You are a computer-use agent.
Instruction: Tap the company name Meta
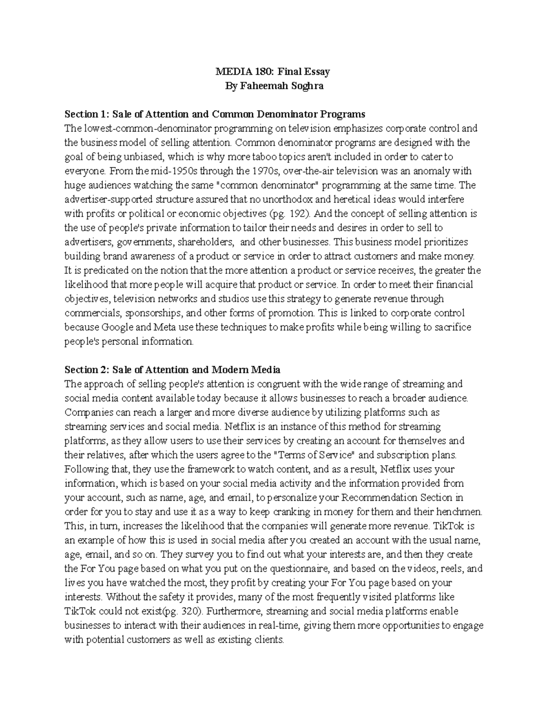coord(159,327)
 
